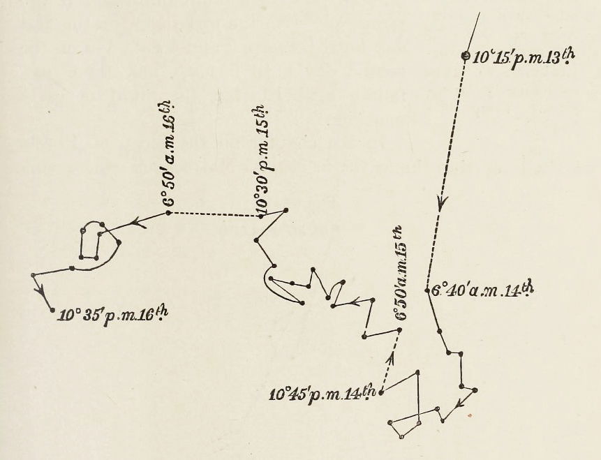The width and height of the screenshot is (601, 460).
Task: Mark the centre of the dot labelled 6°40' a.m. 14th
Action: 427,290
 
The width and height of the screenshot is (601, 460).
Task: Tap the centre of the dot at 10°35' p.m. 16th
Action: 53,310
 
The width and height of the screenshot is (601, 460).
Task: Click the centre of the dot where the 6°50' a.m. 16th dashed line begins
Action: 168,213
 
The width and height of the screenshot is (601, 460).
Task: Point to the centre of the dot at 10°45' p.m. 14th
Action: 381,392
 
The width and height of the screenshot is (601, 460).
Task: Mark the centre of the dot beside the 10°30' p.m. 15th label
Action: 261,216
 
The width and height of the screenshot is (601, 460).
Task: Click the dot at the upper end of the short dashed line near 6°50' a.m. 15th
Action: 399,330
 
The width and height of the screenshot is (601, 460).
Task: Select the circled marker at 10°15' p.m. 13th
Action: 466,57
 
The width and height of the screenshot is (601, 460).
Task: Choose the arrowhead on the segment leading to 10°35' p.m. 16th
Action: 40,290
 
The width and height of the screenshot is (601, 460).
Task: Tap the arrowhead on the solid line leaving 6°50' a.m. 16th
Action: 139,223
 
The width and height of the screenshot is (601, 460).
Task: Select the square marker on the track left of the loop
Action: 72,268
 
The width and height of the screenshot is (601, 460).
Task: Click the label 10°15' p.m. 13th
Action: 524,58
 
